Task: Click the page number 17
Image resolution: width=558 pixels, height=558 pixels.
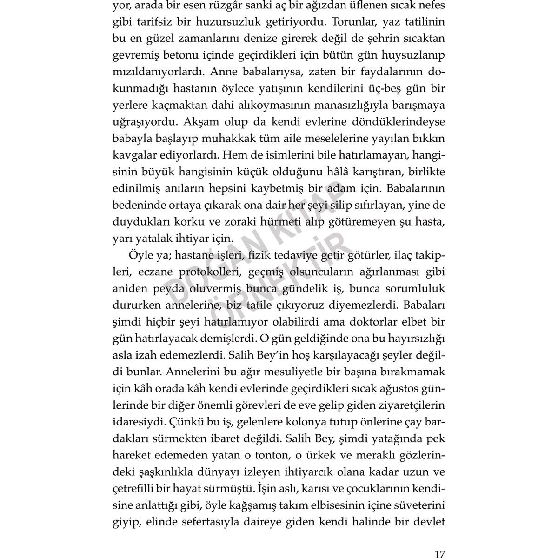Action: (x=439, y=541)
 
